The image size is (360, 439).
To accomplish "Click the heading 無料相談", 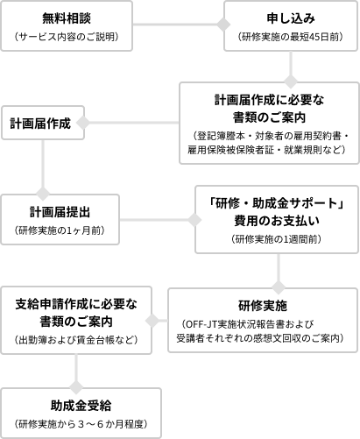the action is tap(67, 18).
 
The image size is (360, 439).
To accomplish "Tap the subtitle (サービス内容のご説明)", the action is tap(67, 37).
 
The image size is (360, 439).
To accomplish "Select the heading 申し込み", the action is tap(291, 18).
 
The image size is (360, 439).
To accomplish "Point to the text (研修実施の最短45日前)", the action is tap(291, 37).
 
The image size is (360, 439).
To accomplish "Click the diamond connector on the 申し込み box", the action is tap(223, 25).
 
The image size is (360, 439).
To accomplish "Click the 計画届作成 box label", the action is tap(40, 124).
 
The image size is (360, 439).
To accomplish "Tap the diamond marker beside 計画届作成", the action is tap(83, 123).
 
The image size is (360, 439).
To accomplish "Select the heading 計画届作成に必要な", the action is tap(269, 100).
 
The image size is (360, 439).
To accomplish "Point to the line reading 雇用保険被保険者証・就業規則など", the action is tap(267, 150).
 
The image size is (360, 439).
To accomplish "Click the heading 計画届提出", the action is tap(60, 212).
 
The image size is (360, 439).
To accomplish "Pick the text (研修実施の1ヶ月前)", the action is tap(60, 230).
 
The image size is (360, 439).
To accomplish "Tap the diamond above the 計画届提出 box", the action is tap(43, 194).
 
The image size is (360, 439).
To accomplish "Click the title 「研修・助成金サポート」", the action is tap(277, 203).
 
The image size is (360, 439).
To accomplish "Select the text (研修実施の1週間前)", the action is tap(277, 239).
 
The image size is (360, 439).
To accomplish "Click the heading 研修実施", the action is tap(263, 306).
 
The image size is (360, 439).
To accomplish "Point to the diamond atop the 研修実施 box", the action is tap(279, 287).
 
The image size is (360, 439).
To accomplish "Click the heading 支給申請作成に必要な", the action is tap(76, 304).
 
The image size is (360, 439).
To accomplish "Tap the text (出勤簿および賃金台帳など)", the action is tap(76, 340).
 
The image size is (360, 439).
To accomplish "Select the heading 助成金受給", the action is tap(81, 406).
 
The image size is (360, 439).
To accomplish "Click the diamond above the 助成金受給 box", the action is tap(76, 387).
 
